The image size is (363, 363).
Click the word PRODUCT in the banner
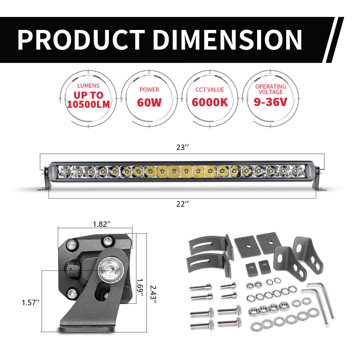point(81,40)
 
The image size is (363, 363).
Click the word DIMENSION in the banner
point(227,40)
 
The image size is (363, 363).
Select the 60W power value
point(149,102)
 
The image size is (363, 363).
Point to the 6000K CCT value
point(210,102)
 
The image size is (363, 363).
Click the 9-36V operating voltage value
point(270,102)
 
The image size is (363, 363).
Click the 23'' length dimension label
point(183,148)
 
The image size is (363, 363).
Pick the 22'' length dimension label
point(183,204)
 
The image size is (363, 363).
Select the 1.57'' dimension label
point(31,302)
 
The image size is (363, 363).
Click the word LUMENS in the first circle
point(88,86)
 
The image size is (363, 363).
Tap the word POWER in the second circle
point(149,90)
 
